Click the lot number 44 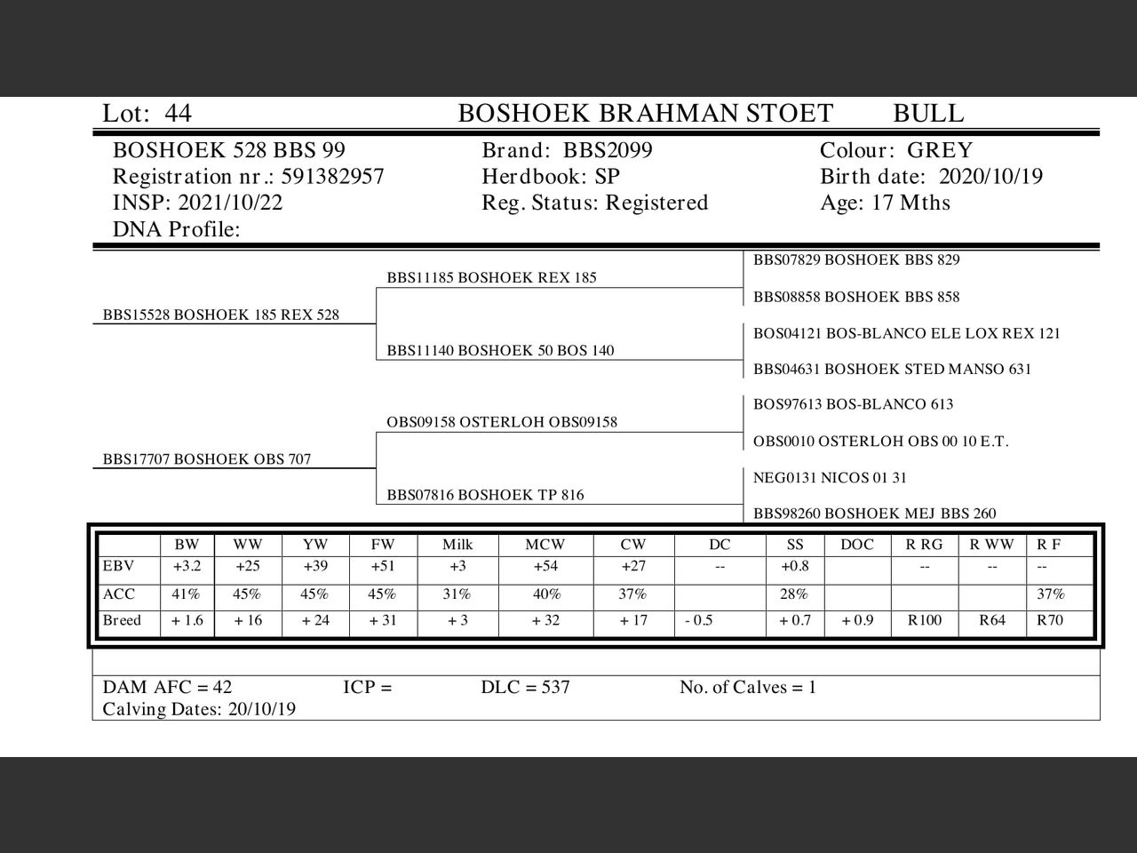coord(178,114)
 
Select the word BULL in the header coord(927,114)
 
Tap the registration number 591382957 coord(332,177)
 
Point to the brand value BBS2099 coord(608,150)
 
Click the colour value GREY coord(940,150)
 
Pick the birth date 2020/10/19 coord(990,177)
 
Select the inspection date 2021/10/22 coord(230,203)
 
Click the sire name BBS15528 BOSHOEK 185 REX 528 coord(221,315)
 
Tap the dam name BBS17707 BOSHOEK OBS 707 coord(207,459)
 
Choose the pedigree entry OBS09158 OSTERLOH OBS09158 coord(502,422)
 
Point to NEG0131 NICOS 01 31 coord(830,478)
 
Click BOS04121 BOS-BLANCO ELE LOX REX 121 coord(907,333)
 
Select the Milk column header coord(457,545)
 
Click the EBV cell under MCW coord(545,567)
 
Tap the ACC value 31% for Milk coord(457,594)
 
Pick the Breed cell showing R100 coord(925,620)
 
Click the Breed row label coord(122,620)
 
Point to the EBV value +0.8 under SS coord(794,567)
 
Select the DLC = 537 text coord(525,687)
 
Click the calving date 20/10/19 coord(262,709)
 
